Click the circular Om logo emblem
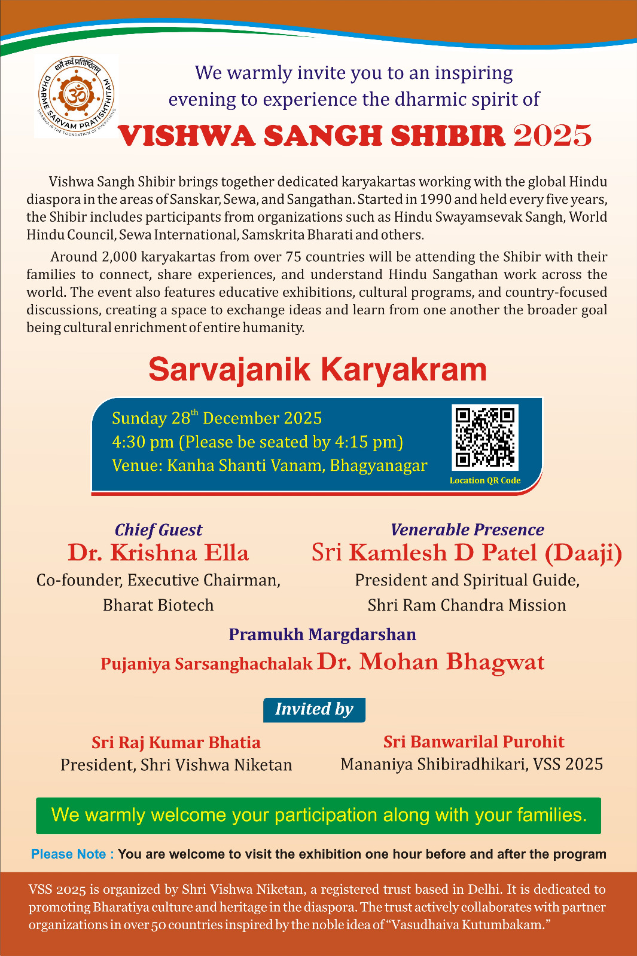click(x=76, y=96)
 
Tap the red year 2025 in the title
click(x=552, y=136)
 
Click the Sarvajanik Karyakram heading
click(x=318, y=369)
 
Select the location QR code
click(x=485, y=437)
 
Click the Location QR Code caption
click(x=485, y=480)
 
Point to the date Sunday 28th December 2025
click(x=217, y=418)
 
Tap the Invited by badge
click(x=314, y=709)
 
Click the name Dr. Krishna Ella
click(x=158, y=553)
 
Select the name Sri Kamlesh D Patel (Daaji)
click(x=467, y=553)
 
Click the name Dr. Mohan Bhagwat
click(x=431, y=662)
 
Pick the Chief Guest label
click(x=159, y=530)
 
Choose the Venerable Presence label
click(x=467, y=529)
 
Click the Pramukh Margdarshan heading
click(x=322, y=634)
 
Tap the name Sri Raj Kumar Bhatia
click(x=176, y=742)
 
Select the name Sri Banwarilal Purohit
click(x=474, y=741)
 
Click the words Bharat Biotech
click(x=158, y=605)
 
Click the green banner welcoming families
click(x=318, y=815)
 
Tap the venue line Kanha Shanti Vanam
click(x=269, y=465)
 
